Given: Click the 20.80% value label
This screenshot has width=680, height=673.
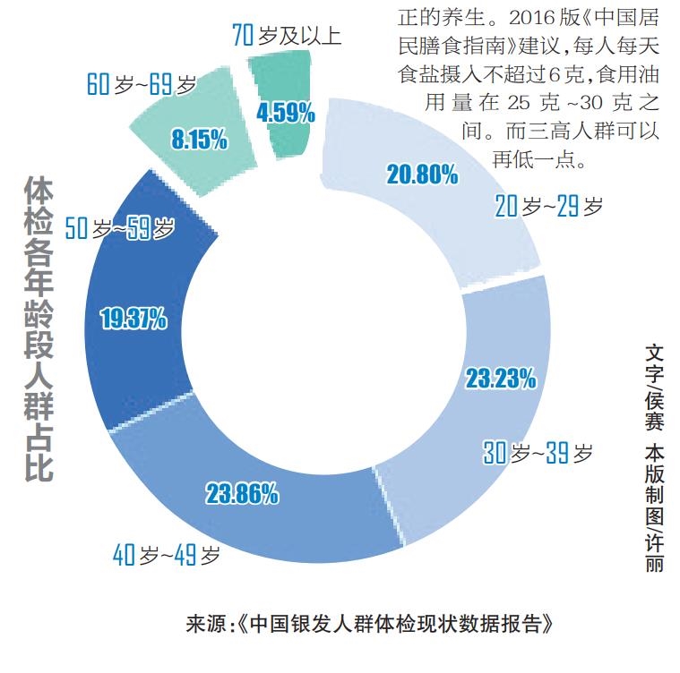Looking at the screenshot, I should (x=422, y=174).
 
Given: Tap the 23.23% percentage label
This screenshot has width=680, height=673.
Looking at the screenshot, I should (x=500, y=379).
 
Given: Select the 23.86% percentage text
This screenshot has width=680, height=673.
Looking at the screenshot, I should (x=242, y=492).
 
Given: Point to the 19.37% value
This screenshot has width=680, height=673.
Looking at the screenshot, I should (x=133, y=318).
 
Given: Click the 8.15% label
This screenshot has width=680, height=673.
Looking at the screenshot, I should (x=198, y=140).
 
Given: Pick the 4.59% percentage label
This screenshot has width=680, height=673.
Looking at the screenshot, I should (x=285, y=113).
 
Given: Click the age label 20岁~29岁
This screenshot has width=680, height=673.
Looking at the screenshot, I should (x=548, y=208).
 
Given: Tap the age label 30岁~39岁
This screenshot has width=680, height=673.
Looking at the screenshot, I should (x=538, y=454).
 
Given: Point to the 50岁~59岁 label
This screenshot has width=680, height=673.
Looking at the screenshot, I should (x=120, y=229).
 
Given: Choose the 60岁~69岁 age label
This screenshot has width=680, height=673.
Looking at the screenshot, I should (x=142, y=85).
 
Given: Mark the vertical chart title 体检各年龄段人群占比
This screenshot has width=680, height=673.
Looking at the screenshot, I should (x=39, y=329).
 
